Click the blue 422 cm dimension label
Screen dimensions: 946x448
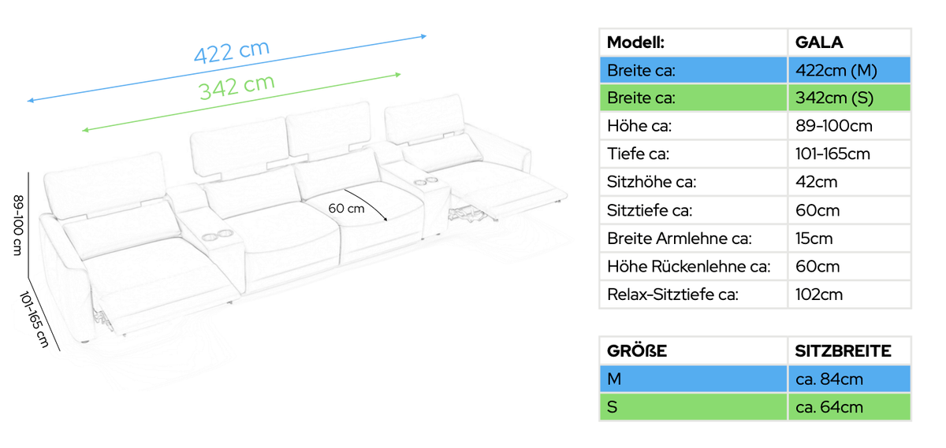pos(232,51)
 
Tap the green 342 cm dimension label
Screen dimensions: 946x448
pos(236,87)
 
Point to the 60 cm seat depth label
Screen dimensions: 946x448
pos(346,209)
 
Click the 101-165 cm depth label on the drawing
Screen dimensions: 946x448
pos(35,320)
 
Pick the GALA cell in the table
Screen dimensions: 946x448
pos(819,43)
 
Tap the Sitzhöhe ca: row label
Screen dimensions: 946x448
pos(651,182)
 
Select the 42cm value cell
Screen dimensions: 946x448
pos(817,182)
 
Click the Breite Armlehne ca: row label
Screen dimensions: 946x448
pos(679,239)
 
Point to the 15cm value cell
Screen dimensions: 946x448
pos(814,239)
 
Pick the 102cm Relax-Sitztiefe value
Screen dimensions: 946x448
pos(819,294)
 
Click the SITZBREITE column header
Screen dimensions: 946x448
pos(843,351)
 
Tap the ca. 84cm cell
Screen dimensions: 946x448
pos(829,380)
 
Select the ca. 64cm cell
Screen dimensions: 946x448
pos(829,407)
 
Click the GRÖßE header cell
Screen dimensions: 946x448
pos(637,351)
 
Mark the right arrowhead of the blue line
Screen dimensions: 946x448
pos(424,37)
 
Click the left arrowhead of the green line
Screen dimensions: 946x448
pos(85,130)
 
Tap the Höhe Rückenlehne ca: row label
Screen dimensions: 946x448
pos(688,267)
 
